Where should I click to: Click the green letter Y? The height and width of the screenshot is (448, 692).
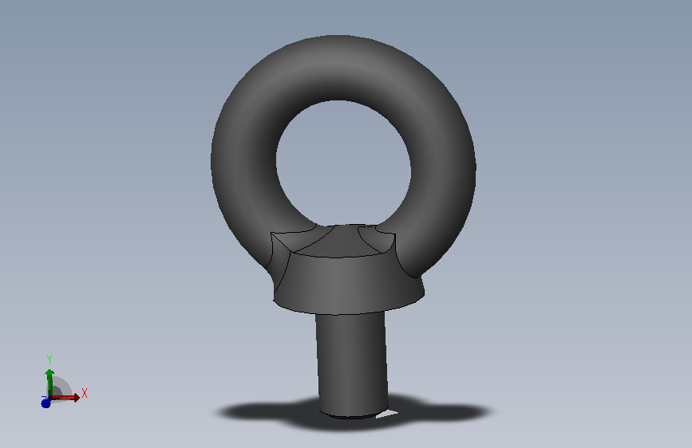click(49, 359)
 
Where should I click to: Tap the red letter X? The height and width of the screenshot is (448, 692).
click(85, 393)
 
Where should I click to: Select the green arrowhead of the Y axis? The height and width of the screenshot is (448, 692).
click(49, 373)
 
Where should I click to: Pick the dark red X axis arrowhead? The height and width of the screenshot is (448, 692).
click(77, 398)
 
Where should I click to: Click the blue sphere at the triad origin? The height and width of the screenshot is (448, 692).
click(45, 403)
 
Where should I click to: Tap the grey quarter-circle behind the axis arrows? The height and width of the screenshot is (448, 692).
click(61, 387)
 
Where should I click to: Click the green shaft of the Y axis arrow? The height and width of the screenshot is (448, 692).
click(49, 387)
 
